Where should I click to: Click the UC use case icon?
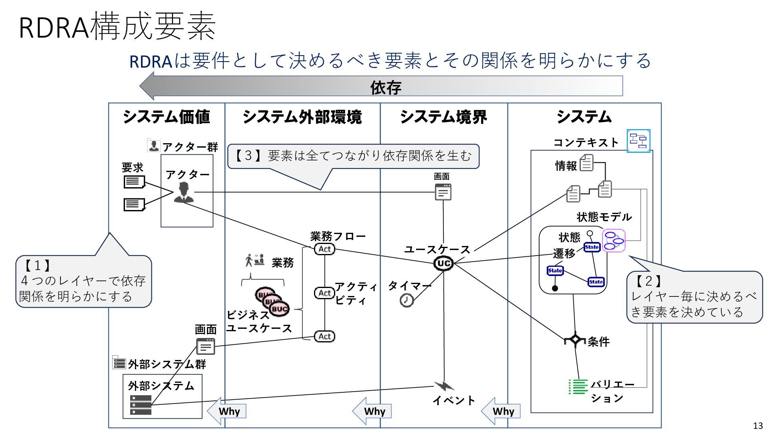pyautogui.click(x=443, y=263)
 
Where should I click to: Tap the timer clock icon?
pyautogui.click(x=407, y=300)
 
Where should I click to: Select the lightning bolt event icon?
pyautogui.click(x=444, y=386)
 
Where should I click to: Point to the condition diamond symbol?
pyautogui.click(x=575, y=339)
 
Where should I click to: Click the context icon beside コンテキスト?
pyautogui.click(x=638, y=141)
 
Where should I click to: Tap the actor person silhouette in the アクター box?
pyautogui.click(x=184, y=192)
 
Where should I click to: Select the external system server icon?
pyautogui.click(x=141, y=405)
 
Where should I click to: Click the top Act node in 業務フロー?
pyautogui.click(x=324, y=249)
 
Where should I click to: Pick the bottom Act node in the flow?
pyautogui.click(x=324, y=336)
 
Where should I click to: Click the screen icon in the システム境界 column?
pyautogui.click(x=443, y=192)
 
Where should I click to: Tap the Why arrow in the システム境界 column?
pyautogui.click(x=501, y=411)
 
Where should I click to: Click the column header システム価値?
pyautogui.click(x=166, y=117)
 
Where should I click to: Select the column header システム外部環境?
pyautogui.click(x=302, y=117)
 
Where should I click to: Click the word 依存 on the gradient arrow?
pyautogui.click(x=385, y=87)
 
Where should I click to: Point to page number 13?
pyautogui.click(x=758, y=426)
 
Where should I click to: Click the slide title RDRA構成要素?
pyautogui.click(x=117, y=27)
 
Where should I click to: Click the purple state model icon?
pyautogui.click(x=614, y=240)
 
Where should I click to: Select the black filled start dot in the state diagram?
pyautogui.click(x=555, y=288)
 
